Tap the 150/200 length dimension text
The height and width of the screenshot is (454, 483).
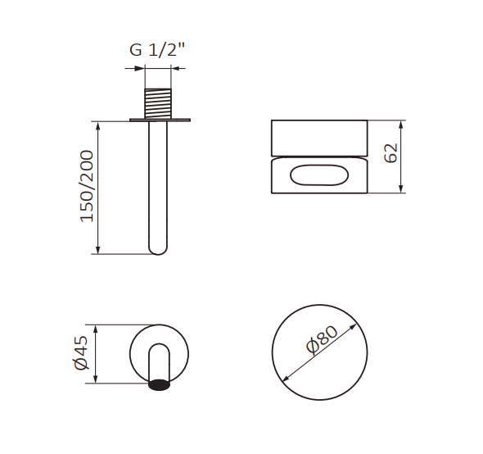(87, 186)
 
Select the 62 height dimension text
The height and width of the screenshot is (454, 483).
(391, 152)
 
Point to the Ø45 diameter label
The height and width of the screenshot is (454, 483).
(79, 353)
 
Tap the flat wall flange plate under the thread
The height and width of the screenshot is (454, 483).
(160, 120)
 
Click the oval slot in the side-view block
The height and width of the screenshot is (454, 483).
(319, 175)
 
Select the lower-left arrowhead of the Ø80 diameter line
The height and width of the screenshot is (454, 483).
(285, 379)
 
